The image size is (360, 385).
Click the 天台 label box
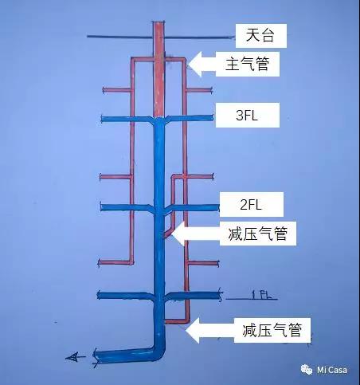coord(261,36)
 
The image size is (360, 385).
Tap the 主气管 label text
coord(247,64)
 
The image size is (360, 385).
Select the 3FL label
coord(247,115)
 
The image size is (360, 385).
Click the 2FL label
coord(251,204)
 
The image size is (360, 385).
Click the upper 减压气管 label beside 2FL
coord(258,234)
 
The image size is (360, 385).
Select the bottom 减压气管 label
coord(272,330)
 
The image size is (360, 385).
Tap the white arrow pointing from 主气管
coord(202,64)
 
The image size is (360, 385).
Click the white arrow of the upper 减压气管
coord(196,234)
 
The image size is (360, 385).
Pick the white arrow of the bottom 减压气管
coord(209,330)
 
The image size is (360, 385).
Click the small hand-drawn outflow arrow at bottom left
coord(75,357)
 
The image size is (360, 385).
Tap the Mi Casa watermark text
coord(332,370)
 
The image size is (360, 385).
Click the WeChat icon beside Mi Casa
coord(307,370)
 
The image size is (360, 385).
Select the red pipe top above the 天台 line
coord(159,29)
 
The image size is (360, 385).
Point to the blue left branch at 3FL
coord(127,120)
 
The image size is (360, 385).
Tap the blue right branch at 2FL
coord(192,207)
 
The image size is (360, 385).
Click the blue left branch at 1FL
coord(125,296)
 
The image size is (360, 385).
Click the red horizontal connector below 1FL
coord(176,321)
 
